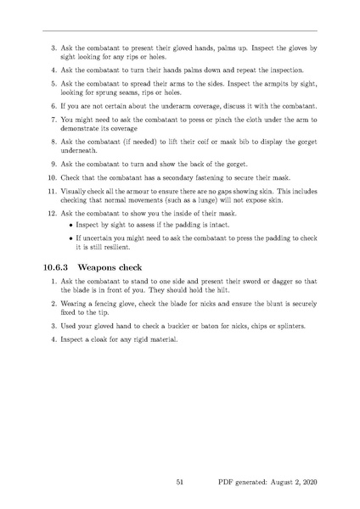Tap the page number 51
(x=180, y=482)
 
